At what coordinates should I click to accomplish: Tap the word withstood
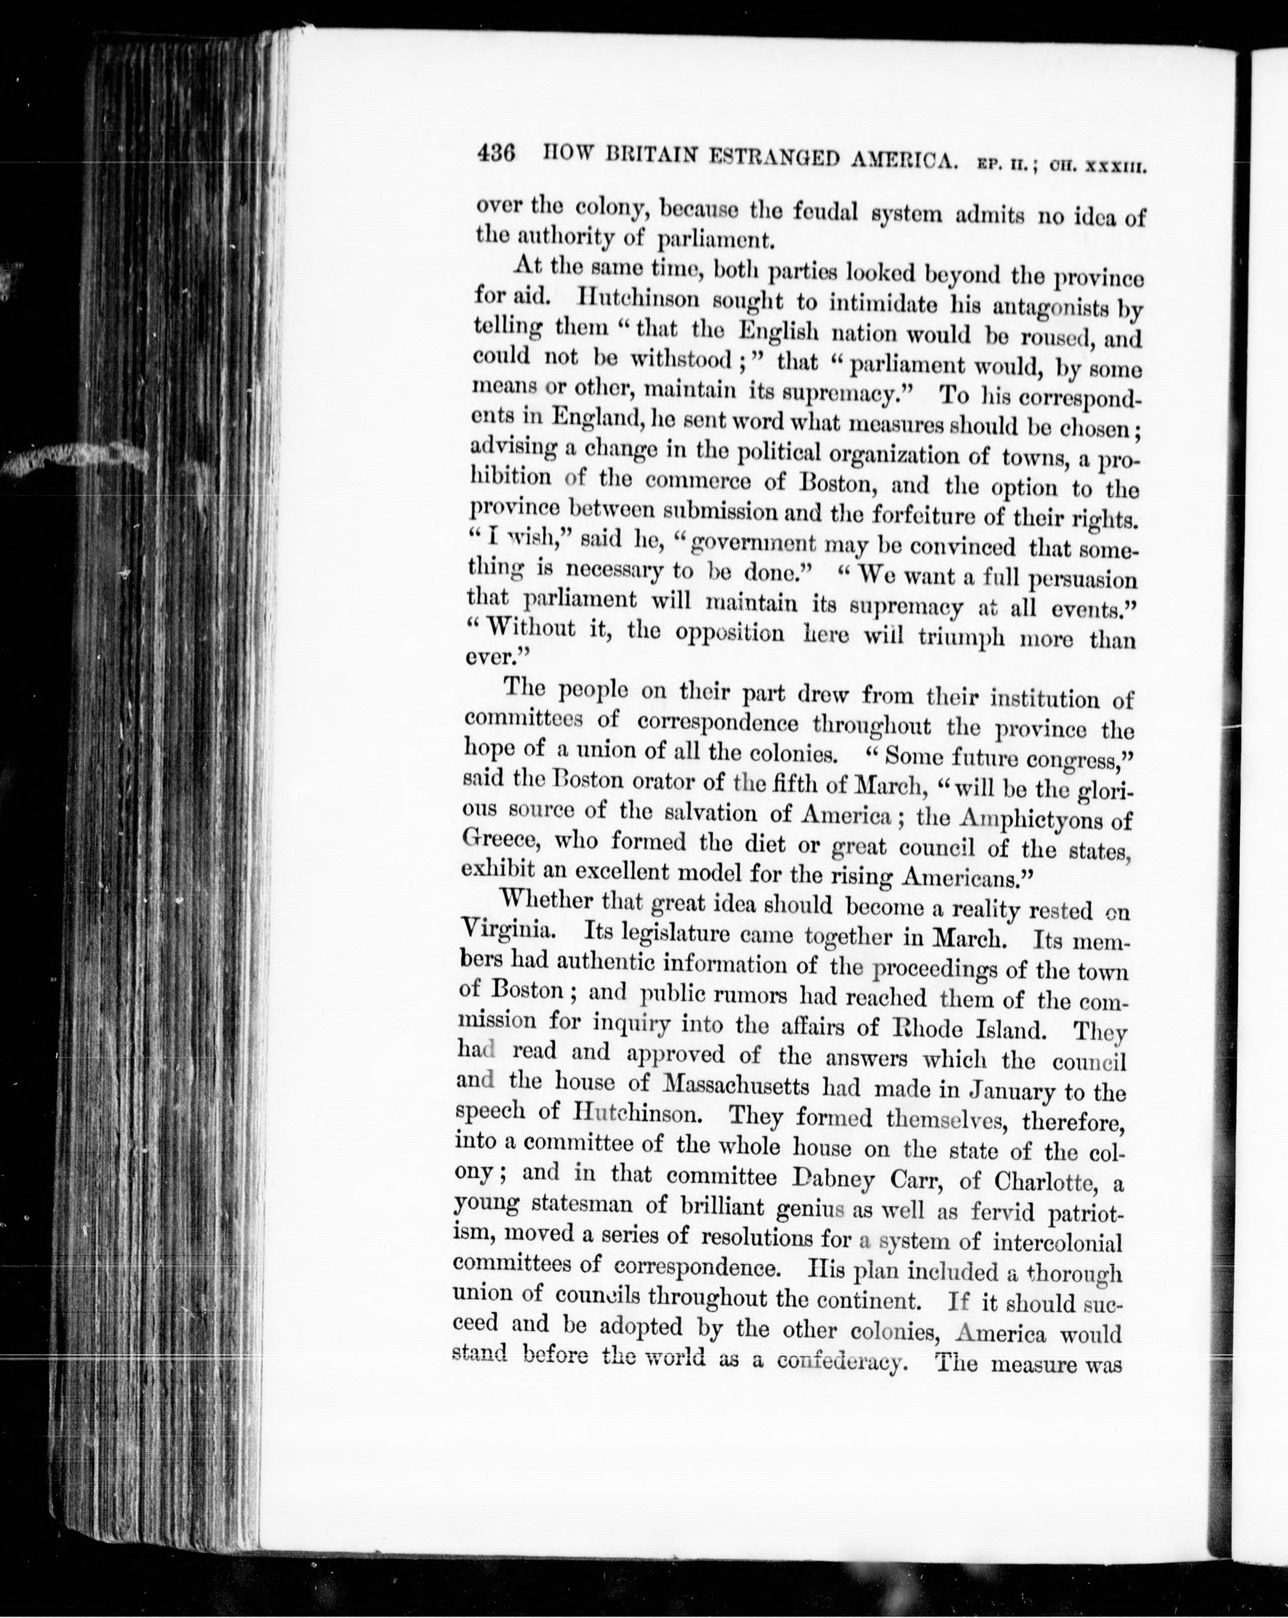coord(680,360)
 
